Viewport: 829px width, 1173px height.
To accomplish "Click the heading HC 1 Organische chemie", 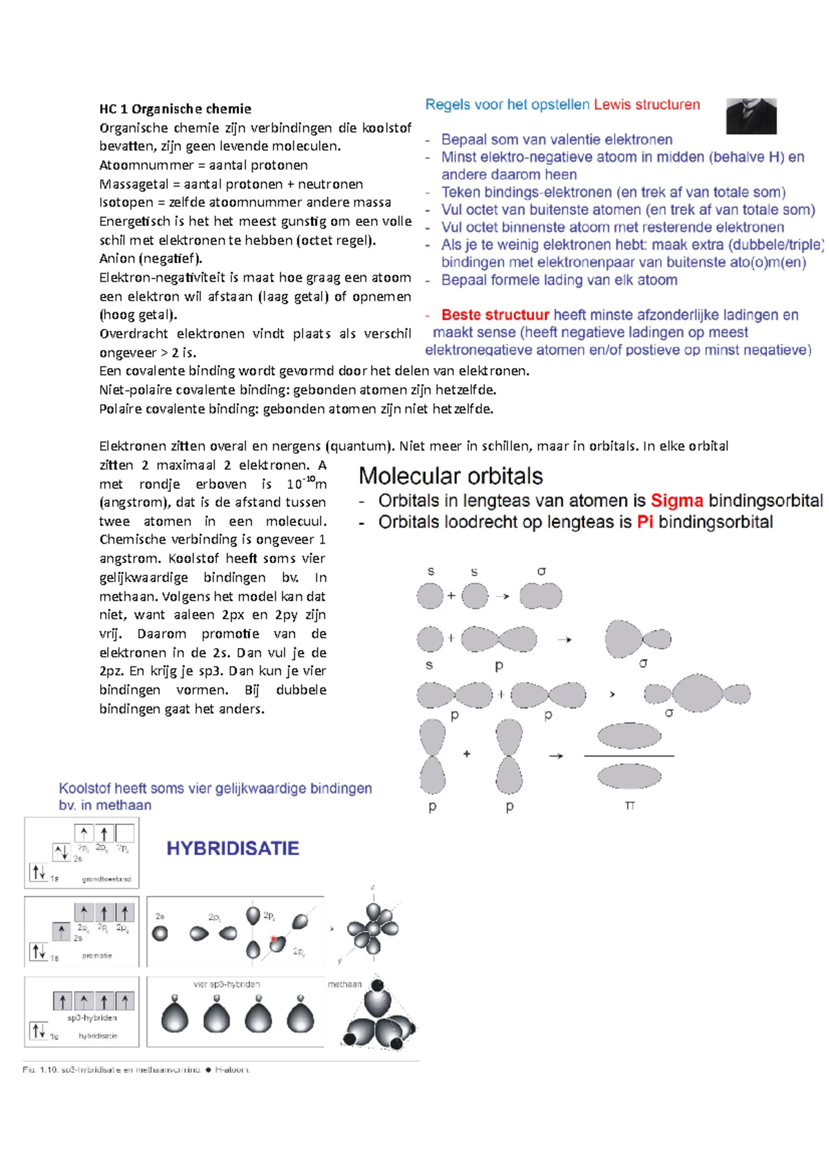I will tap(175, 108).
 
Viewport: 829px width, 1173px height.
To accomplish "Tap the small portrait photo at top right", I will tap(751, 116).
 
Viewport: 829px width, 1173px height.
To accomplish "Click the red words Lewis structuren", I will tap(647, 104).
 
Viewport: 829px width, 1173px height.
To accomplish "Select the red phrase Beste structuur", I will tap(495, 315).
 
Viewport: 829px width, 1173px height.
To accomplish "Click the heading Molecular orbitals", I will tap(450, 476).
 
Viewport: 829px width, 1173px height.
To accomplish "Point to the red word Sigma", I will tap(676, 501).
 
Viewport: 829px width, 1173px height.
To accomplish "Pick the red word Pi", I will tap(645, 522).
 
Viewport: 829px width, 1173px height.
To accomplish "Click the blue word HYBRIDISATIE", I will tap(233, 848).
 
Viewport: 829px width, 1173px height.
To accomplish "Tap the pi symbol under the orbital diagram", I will tap(629, 805).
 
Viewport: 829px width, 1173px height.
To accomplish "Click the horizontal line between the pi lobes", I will tap(629, 756).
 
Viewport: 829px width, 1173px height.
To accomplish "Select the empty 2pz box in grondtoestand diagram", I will tap(125, 833).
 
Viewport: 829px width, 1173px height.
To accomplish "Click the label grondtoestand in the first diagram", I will tap(106, 879).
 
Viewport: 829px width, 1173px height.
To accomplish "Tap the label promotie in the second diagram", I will tap(97, 955).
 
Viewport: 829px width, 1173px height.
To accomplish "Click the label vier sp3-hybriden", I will tap(227, 984).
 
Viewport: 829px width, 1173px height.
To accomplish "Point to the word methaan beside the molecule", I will tap(344, 984).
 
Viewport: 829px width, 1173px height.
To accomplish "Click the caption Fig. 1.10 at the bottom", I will tap(39, 1070).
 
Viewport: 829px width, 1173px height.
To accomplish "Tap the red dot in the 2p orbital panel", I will tap(274, 939).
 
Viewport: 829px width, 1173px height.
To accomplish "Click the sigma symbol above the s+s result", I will tap(541, 571).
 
